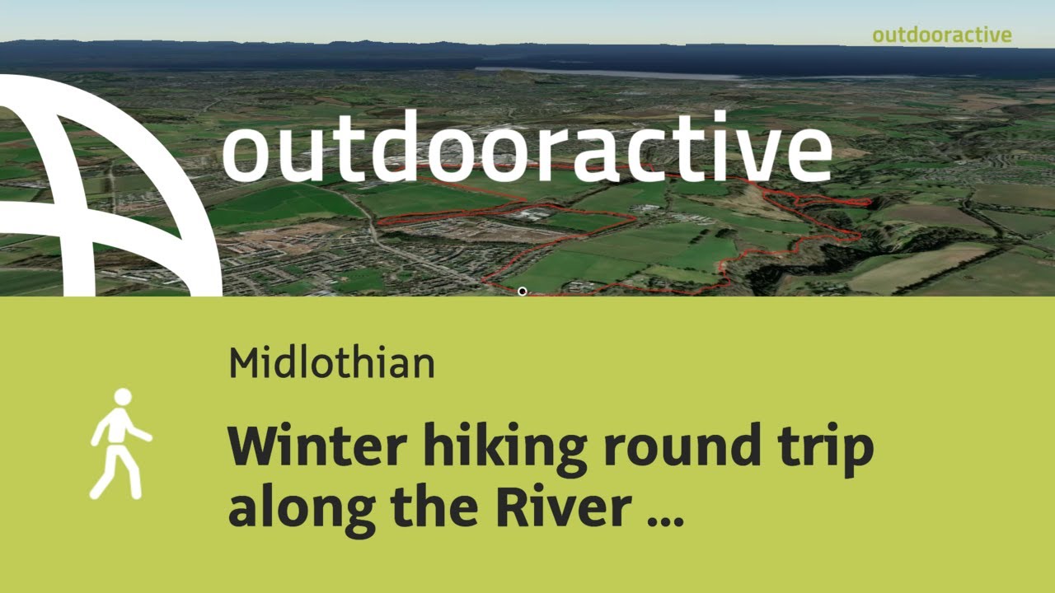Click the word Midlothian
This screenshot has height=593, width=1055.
point(331,362)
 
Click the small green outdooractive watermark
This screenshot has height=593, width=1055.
point(941,35)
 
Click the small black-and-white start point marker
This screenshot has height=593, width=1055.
point(522,291)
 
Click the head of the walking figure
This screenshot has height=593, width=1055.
point(123,397)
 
